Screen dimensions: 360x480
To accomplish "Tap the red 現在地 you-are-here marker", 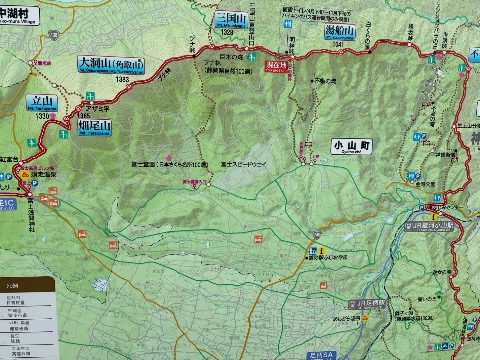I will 279,65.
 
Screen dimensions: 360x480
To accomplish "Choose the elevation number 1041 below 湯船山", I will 341,44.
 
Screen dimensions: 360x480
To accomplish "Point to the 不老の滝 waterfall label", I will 324,81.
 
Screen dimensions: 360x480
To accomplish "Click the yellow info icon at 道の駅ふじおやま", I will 311,249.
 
